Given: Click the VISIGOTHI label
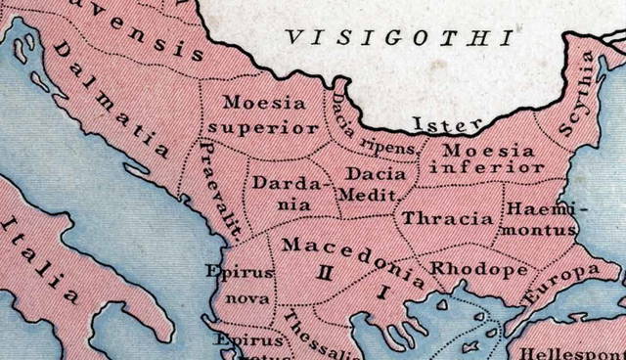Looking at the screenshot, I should pos(398,39).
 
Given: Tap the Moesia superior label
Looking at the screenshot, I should pos(270,114).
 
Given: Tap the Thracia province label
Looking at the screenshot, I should pos(448,217).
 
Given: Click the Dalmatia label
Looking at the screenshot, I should pos(109,97).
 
